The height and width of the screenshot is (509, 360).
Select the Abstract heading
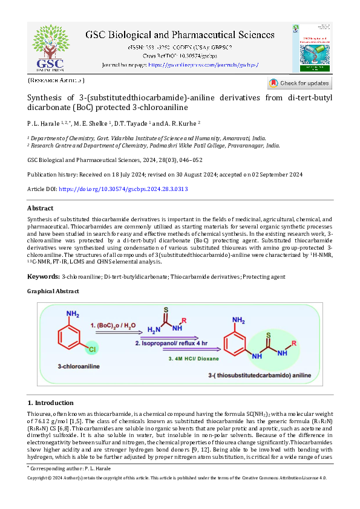(41, 208)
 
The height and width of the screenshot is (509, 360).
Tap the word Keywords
(44, 276)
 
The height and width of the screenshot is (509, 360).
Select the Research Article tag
(56, 80)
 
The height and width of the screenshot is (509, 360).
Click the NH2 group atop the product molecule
(240, 320)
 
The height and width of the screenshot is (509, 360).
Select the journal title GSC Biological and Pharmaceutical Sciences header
(180, 35)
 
